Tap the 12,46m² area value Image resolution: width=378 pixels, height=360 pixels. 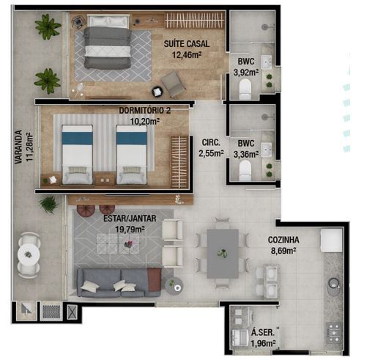click(187, 54)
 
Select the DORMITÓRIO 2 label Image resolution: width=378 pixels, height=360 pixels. click(145, 111)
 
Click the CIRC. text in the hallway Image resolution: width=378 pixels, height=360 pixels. click(211, 143)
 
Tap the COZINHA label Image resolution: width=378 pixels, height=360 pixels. click(283, 240)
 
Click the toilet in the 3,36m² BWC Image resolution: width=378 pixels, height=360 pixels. click(245, 170)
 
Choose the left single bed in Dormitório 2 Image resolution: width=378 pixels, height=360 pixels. click(77, 154)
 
